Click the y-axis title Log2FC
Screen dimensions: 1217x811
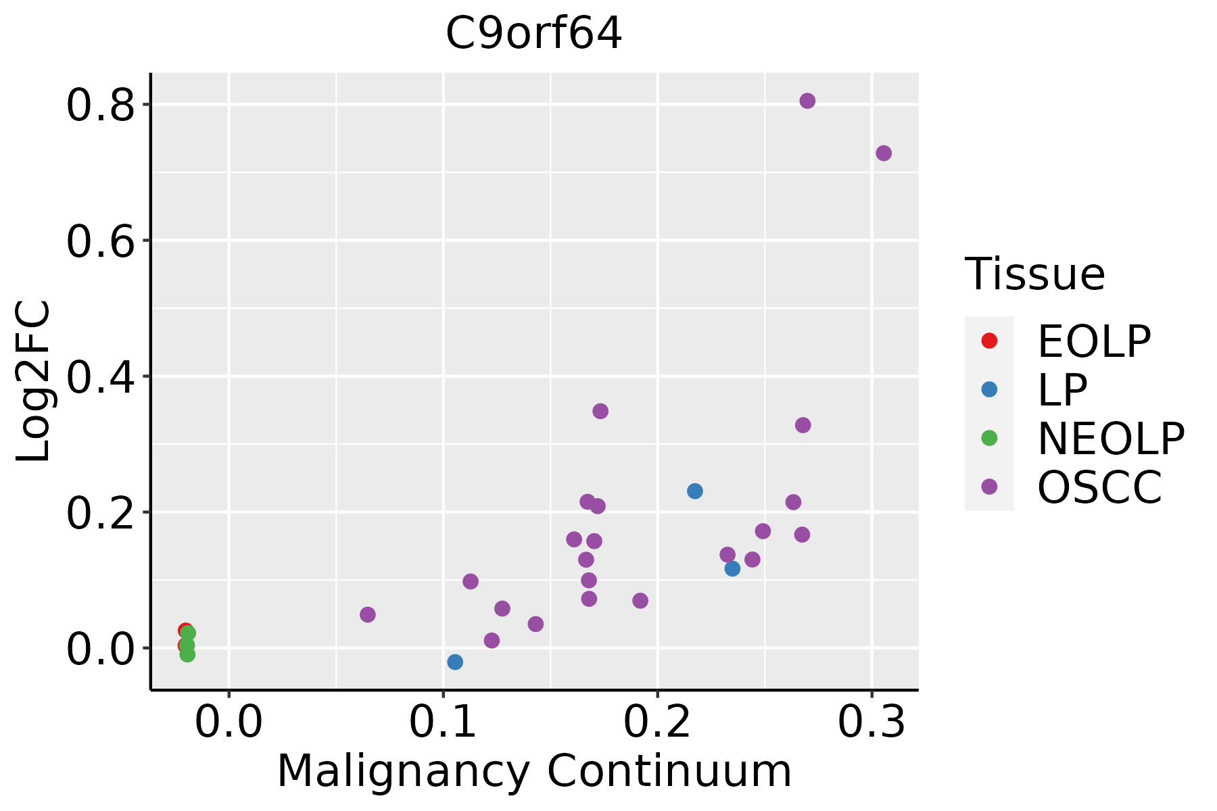[34, 381]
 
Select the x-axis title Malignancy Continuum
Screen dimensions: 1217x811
[534, 772]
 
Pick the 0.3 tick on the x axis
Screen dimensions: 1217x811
[872, 723]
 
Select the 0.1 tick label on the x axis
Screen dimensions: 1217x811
[443, 723]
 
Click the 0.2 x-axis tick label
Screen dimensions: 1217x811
[657, 723]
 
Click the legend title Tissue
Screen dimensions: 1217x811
[1035, 274]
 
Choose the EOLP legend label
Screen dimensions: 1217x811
[1094, 341]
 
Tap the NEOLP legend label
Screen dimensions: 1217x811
[1111, 439]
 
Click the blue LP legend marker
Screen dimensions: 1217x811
[989, 389]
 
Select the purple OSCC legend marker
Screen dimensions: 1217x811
[989, 487]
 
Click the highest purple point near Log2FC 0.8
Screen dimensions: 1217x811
[807, 101]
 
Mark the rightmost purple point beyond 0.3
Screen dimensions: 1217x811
[884, 153]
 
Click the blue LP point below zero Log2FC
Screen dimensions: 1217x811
[455, 662]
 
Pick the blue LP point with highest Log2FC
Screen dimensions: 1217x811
[695, 491]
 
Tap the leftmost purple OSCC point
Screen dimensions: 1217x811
[368, 614]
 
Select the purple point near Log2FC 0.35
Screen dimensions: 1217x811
[600, 411]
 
